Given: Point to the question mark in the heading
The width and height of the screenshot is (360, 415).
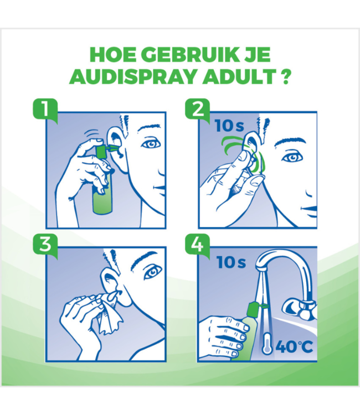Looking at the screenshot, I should [286, 76].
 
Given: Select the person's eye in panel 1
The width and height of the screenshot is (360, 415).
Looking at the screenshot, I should [149, 143].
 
